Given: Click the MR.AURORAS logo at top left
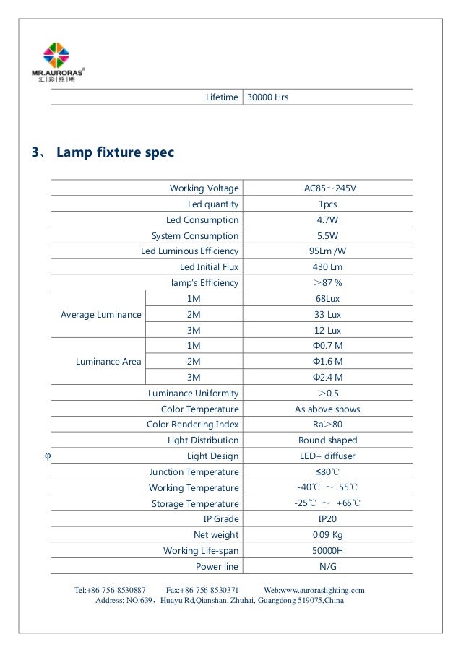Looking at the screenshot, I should point(64,63).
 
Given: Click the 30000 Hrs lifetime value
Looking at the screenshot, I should point(267,96).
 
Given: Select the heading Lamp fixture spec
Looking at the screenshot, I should point(115,153).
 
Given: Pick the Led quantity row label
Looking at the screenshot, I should point(213,204).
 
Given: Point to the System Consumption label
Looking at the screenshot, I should point(194,236).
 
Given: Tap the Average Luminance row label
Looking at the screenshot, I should point(101,314).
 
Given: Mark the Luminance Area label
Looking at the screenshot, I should point(108,361).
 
